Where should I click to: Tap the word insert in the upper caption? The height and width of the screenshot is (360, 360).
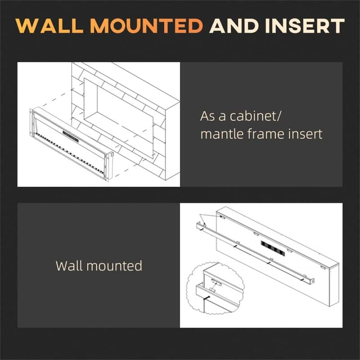pos(308,134)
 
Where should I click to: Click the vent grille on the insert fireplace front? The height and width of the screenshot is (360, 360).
pos(71,134)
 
